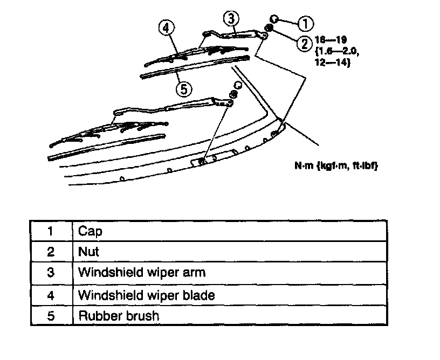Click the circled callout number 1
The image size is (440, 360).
point(305,23)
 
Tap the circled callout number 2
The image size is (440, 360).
point(305,43)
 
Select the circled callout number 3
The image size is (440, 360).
point(231,18)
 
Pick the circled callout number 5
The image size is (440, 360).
point(184,89)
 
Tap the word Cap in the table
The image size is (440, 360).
point(90,231)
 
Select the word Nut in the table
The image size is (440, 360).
point(89,252)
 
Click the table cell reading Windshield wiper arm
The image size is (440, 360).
point(142,273)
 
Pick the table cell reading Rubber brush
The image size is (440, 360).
point(119,315)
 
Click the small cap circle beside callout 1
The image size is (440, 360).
point(274,18)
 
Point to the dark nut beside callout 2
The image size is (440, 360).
point(269,27)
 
